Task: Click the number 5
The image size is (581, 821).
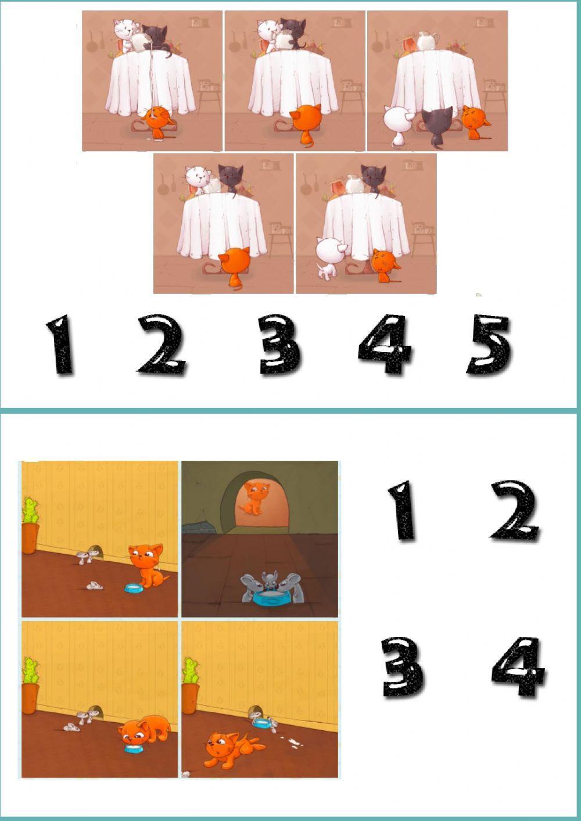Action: pos(489,345)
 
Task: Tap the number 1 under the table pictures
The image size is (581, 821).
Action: pos(61,345)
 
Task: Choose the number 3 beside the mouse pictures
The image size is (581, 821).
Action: pos(402,666)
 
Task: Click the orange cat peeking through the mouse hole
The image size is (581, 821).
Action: pos(254,497)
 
